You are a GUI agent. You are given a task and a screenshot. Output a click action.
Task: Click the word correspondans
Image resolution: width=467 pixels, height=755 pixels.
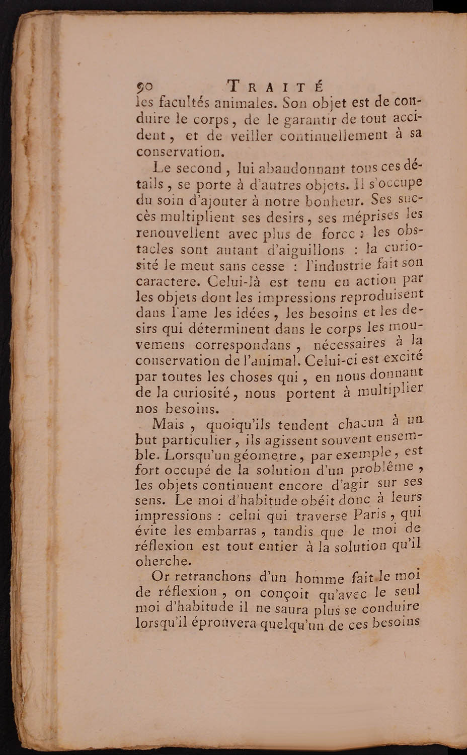coord(244,345)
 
